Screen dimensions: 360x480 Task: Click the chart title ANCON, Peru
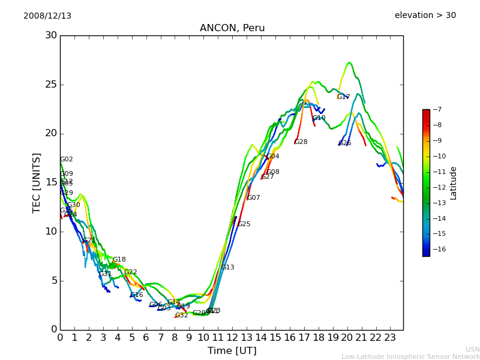(x=232, y=28)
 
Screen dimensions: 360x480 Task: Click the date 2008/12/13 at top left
(x=47, y=16)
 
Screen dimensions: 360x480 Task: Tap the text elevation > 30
(x=425, y=15)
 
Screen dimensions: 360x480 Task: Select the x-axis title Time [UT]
(x=232, y=350)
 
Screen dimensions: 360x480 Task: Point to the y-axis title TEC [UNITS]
(x=37, y=182)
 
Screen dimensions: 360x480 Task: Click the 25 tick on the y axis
(x=50, y=85)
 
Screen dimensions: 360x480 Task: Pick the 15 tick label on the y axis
(x=50, y=182)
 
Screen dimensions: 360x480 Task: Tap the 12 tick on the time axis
(x=232, y=338)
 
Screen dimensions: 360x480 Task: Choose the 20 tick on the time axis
(x=347, y=338)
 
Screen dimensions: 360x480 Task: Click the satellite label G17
(x=343, y=97)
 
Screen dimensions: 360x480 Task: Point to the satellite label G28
(x=301, y=142)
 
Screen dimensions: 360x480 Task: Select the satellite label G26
(x=344, y=143)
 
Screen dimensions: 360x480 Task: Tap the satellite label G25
(x=244, y=224)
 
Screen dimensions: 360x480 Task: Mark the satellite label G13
(x=228, y=268)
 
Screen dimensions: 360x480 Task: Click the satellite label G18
(x=119, y=260)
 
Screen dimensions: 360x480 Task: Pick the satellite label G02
(x=67, y=160)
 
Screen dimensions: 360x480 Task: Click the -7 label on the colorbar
(x=437, y=109)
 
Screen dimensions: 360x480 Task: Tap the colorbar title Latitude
(x=454, y=183)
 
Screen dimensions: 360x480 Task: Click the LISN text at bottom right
(x=473, y=349)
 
